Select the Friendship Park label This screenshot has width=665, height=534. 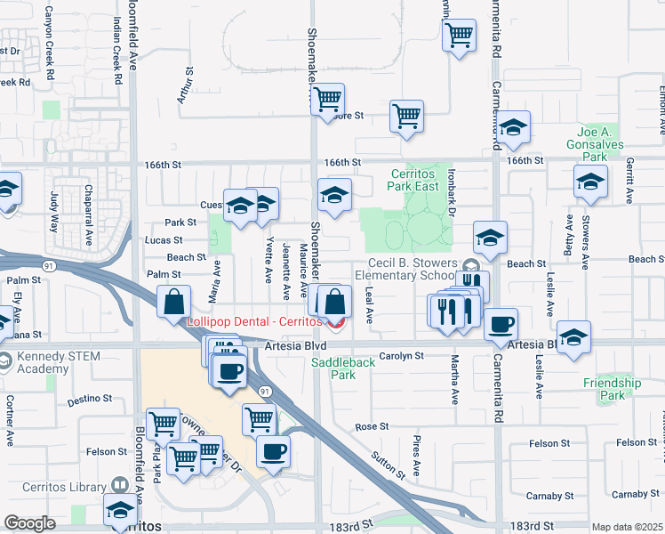click(x=613, y=389)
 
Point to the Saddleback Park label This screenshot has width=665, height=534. click(x=332, y=369)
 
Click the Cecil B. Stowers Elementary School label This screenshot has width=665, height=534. click(x=414, y=270)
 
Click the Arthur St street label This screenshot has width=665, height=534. click(x=185, y=85)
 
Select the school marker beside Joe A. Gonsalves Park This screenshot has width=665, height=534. click(x=590, y=181)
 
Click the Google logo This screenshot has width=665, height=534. click(x=29, y=522)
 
